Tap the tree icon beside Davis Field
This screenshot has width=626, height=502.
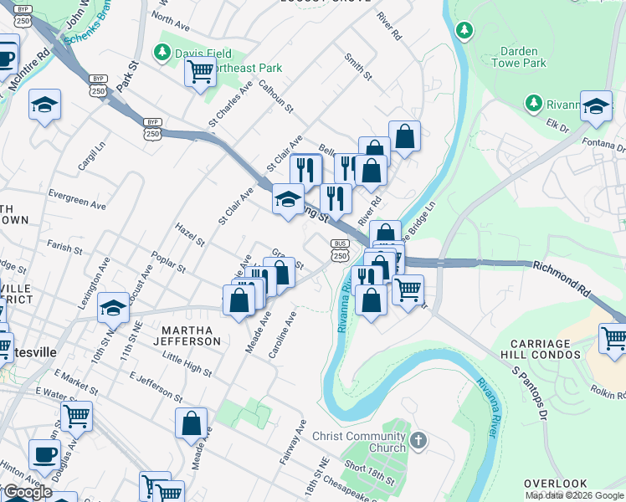click(162, 53)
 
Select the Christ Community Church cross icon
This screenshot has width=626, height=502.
click(419, 439)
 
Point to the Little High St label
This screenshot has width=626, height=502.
click(187, 363)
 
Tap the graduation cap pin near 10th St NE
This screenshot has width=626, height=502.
click(113, 308)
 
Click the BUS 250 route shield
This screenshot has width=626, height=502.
click(339, 250)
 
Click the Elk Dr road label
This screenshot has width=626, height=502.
click(557, 128)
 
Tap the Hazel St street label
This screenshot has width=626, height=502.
click(190, 235)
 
